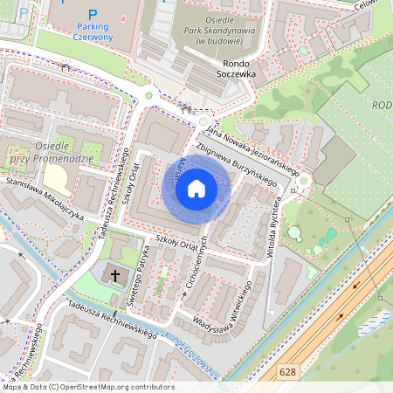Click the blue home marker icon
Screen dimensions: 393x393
click(196, 189)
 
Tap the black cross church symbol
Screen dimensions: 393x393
click(114, 275)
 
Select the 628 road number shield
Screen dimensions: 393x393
click(287, 371)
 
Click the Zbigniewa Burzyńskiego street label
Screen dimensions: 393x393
click(237, 163)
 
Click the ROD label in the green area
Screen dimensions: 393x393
click(382, 106)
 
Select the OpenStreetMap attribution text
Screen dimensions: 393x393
click(87, 387)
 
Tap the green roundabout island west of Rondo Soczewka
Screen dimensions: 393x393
click(148, 95)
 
